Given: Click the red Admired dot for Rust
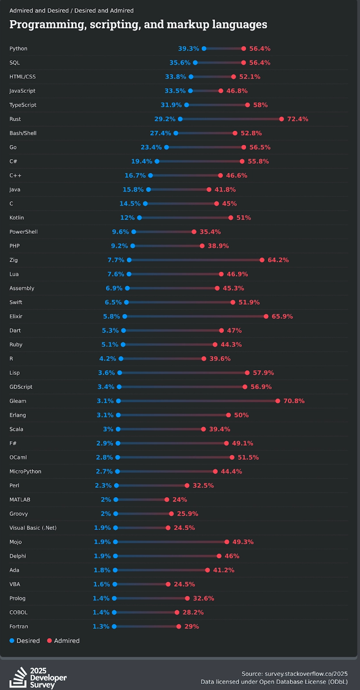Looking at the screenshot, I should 282,119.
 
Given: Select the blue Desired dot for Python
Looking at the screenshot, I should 204,48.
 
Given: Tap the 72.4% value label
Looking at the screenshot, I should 298,119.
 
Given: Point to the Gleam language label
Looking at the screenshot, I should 18,401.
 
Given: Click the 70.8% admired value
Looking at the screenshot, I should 294,401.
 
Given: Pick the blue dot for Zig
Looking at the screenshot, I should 129,260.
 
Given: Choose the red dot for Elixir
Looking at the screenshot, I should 266,316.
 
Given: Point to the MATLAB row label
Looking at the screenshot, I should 20,499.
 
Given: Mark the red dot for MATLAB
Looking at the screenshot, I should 167,500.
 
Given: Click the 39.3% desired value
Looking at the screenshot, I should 188,48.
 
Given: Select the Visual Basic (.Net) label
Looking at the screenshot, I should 33,528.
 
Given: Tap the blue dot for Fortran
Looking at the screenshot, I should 114,627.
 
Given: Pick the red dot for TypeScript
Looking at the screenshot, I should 247,105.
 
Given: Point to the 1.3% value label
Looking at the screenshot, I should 101,627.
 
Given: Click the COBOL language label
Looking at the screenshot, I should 19,612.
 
